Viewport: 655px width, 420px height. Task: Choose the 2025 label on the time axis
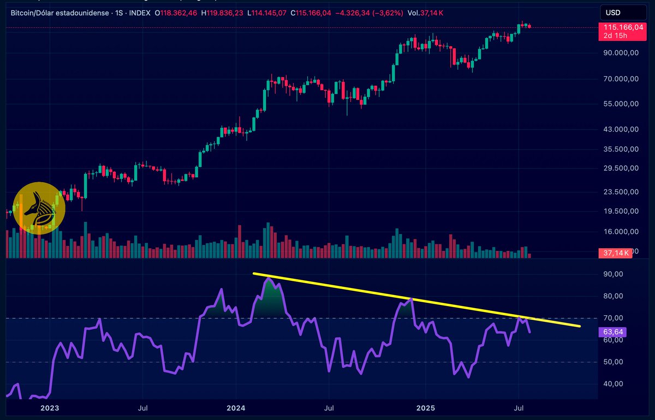point(425,407)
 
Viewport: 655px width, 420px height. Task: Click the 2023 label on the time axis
point(49,407)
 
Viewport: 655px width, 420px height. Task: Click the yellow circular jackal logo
point(39,208)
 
